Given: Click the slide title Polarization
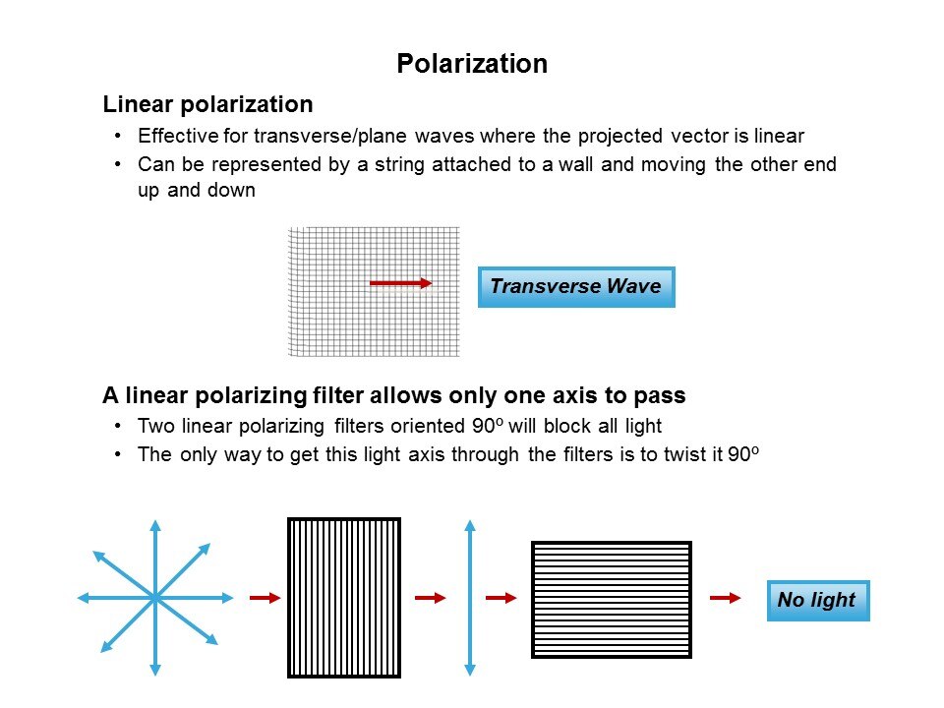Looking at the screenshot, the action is pos(472,64).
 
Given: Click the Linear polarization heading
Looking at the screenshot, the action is pos(207,104).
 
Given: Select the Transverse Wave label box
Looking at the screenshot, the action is pos(576,287).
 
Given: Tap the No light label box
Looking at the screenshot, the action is pos(818,600).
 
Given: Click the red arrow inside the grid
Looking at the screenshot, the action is pos(401,283).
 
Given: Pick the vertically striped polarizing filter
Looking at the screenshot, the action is pos(344,598).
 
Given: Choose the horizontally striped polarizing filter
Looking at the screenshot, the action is pos(612,600).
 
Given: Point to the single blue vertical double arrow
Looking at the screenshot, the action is pos(470,598).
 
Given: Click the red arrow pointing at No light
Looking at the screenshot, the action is pos(726,598).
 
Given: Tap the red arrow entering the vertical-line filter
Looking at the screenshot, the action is pos(265,598).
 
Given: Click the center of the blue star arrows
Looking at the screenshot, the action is pos(155,598).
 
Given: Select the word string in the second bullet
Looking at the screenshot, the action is pos(399,165).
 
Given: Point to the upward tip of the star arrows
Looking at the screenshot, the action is pos(155,520).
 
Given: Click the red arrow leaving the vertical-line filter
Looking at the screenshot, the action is pos(431,598).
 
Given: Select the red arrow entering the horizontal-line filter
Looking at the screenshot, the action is pos(501,598).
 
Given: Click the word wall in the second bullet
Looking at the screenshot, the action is pos(575,164).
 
